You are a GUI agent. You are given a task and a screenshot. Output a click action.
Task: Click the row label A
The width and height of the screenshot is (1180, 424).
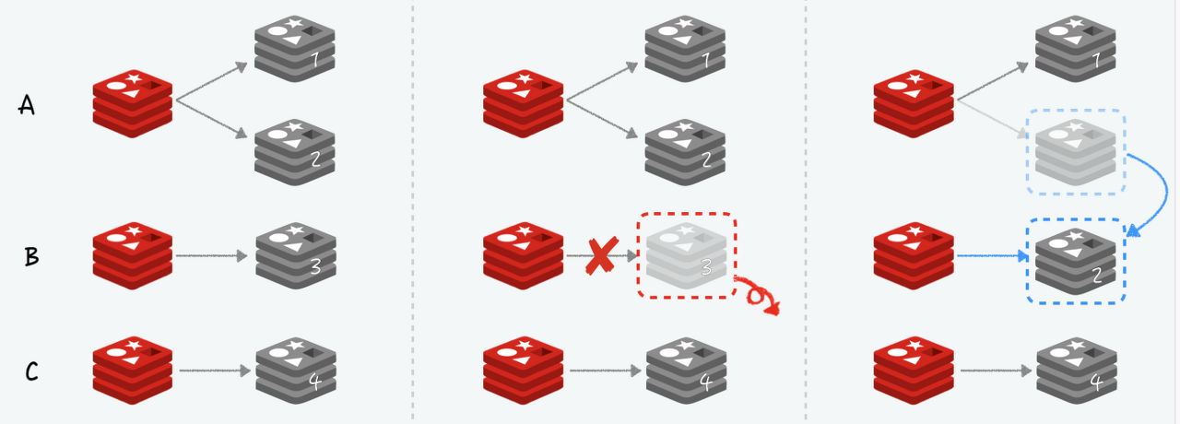pyautogui.click(x=28, y=106)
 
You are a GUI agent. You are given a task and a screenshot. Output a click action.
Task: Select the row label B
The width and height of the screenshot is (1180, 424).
pyautogui.click(x=30, y=256)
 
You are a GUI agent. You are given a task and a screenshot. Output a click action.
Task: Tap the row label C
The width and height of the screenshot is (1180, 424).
pyautogui.click(x=30, y=371)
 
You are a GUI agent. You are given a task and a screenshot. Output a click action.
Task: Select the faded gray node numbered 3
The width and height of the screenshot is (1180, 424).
pyautogui.click(x=686, y=255)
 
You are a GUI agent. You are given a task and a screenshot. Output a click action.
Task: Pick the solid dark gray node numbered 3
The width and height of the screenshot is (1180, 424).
pyautogui.click(x=295, y=256)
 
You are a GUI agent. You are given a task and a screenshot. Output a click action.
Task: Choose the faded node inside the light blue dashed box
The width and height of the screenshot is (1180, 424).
pyautogui.click(x=1076, y=153)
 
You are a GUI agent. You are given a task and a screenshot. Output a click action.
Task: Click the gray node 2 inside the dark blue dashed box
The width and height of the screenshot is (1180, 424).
pyautogui.click(x=1076, y=261)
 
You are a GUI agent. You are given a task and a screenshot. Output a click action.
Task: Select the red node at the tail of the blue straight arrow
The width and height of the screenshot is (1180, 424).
pyautogui.click(x=914, y=256)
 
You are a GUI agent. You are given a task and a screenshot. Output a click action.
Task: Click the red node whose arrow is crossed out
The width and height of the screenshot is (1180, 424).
pyautogui.click(x=523, y=256)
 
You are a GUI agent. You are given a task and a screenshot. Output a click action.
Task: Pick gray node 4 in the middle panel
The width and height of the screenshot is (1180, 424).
pyautogui.click(x=686, y=371)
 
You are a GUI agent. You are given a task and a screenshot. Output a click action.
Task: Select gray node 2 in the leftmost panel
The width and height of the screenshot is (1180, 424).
pyautogui.click(x=295, y=153)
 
